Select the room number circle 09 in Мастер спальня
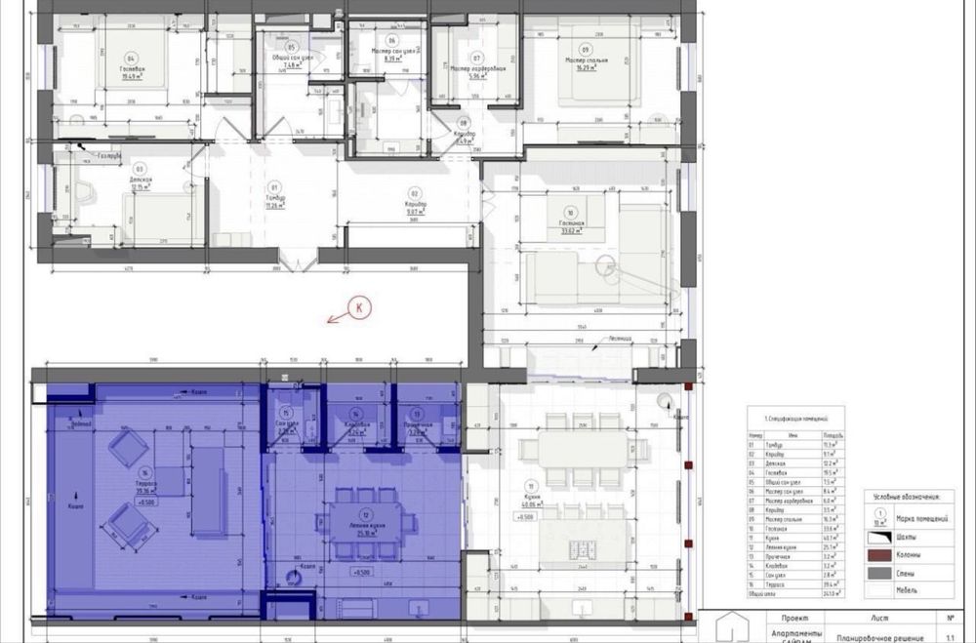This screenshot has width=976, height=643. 586,50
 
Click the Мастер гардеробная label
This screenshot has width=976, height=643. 477,69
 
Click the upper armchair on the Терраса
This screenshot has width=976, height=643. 128,450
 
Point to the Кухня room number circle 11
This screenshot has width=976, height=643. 530,486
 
